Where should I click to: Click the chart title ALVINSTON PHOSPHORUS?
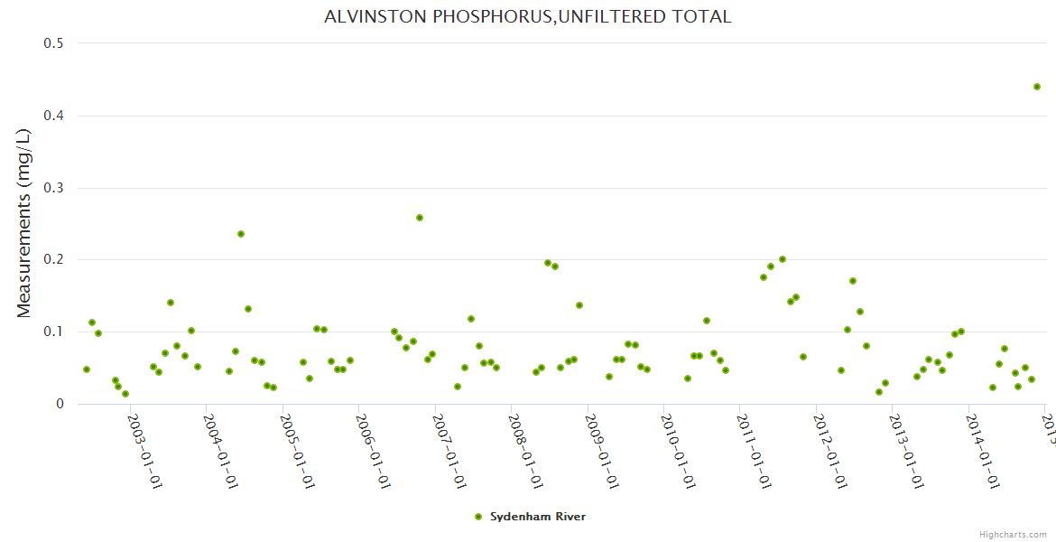(x=528, y=17)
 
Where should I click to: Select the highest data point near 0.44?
(x=1037, y=87)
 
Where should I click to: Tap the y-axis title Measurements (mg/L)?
(x=24, y=223)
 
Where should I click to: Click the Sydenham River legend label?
(x=538, y=517)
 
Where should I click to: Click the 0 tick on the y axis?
(x=60, y=404)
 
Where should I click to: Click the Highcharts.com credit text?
(x=1014, y=534)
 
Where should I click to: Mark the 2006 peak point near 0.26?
(x=420, y=218)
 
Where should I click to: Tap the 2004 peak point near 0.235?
(x=241, y=234)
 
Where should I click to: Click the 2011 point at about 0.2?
(x=783, y=259)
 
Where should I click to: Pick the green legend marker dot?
(x=478, y=517)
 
